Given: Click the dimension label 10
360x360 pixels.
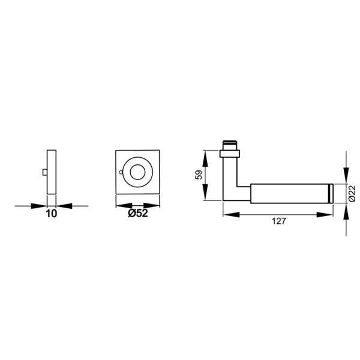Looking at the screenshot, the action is [52, 214].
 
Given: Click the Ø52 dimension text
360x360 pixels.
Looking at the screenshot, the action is [138, 214].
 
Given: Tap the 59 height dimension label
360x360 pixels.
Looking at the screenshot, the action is [199, 175].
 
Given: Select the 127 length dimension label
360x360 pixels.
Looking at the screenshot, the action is [279, 221].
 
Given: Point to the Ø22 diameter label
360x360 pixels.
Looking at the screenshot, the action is [352, 193].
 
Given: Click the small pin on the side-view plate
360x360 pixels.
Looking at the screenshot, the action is [45, 172].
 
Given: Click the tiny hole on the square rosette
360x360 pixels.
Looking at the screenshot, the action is [121, 172].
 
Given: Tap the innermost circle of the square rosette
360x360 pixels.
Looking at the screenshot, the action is [137, 172].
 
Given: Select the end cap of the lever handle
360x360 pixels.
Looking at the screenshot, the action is [331, 193].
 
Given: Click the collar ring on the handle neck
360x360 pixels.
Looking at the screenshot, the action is [230, 154].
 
